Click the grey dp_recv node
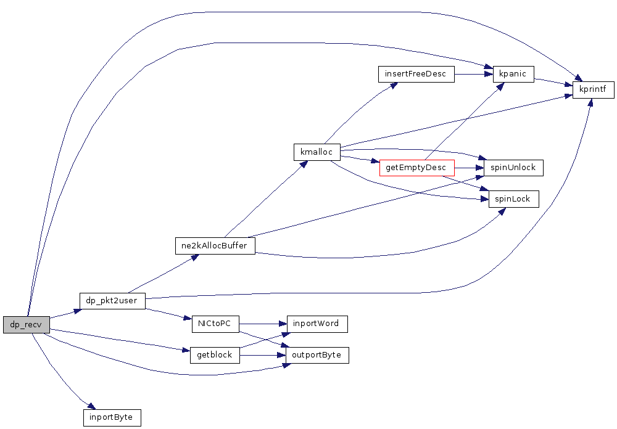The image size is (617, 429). [26, 324]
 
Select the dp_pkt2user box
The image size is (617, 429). [112, 301]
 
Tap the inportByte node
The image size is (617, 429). [112, 417]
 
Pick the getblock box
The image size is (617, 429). [215, 355]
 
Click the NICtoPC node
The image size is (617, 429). [215, 323]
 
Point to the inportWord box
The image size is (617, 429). [317, 323]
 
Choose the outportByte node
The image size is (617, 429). [317, 355]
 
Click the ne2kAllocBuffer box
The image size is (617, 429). [215, 245]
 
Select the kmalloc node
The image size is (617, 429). [317, 152]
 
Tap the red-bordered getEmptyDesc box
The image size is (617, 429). [416, 168]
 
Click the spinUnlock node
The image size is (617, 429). [513, 168]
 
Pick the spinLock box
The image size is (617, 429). [513, 198]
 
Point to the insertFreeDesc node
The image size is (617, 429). [415, 74]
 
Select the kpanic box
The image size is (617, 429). [513, 74]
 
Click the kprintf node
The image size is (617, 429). [593, 90]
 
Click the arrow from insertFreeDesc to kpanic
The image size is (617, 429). [473, 74]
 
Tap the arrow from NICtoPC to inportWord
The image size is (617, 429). [263, 323]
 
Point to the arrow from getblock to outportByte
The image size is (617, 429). [263, 355]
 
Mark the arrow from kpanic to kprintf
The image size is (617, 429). [554, 82]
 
